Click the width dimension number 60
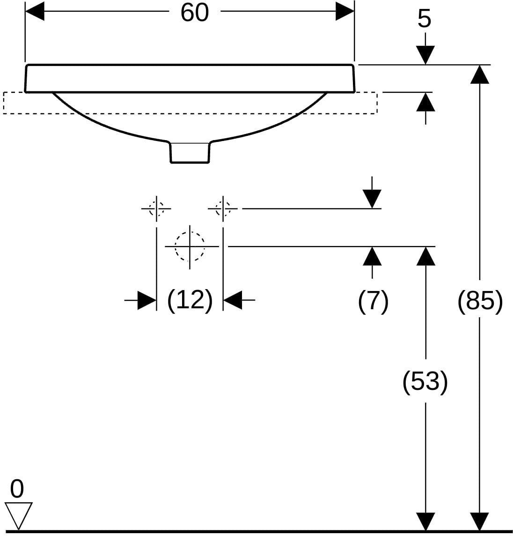194,13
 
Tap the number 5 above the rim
425,19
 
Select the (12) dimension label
190,300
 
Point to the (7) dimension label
374,301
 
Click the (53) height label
425,381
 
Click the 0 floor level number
17,489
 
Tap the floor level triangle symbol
18,516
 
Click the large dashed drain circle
190,246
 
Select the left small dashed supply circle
156,208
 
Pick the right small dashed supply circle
223,208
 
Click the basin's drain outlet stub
190,152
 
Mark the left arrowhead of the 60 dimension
35,11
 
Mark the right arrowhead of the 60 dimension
345,11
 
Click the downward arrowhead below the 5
425,55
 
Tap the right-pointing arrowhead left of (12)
147,300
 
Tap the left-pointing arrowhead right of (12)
233,300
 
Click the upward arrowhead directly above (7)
372,256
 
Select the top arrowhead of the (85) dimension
480,74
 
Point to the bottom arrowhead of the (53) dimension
425,522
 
